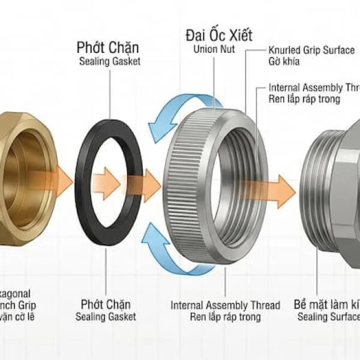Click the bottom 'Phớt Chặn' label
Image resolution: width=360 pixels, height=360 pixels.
(x=105, y=305)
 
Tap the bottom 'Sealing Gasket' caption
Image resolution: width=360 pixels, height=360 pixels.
(x=105, y=317)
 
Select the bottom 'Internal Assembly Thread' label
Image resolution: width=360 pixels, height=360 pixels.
(x=225, y=305)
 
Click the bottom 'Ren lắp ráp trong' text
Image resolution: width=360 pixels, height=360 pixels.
(x=225, y=317)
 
